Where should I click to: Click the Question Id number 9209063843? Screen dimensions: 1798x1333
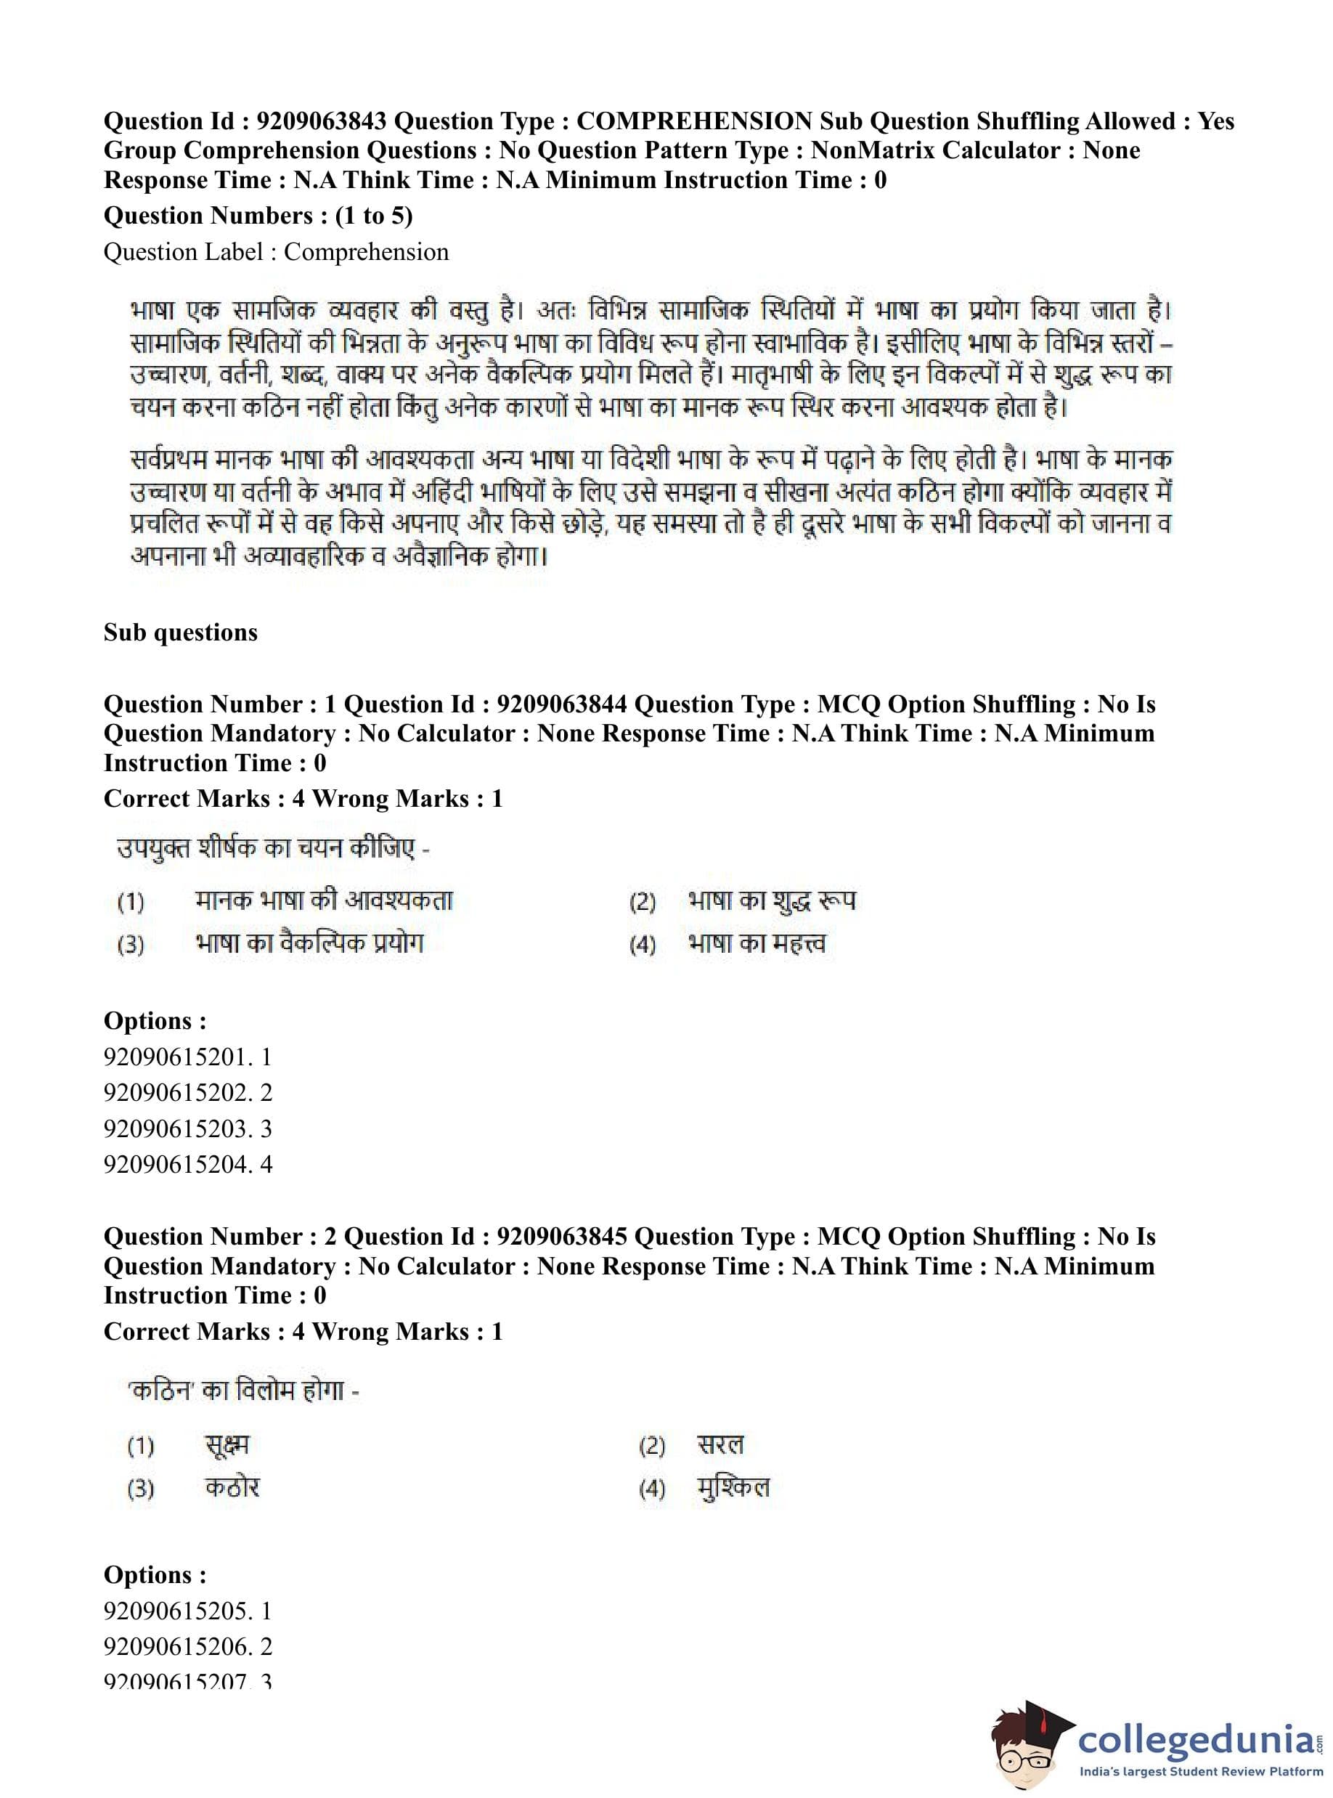click(321, 121)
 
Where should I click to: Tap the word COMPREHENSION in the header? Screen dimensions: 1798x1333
click(694, 121)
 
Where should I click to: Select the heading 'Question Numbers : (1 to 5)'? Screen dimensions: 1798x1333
click(258, 216)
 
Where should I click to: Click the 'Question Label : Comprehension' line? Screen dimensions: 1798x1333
click(276, 252)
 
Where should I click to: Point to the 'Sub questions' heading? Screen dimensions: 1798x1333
click(181, 632)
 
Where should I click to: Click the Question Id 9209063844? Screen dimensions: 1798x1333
click(562, 704)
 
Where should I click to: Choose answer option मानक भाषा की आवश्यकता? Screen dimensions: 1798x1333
click(324, 900)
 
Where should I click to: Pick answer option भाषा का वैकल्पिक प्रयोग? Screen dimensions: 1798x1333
click(309, 943)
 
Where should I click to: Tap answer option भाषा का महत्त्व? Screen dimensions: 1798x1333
click(757, 943)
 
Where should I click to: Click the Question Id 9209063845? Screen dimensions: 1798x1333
click(562, 1237)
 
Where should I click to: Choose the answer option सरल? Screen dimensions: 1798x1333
click(720, 1444)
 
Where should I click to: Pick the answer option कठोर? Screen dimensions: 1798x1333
click(232, 1486)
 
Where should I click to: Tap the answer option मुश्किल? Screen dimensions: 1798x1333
click(733, 1486)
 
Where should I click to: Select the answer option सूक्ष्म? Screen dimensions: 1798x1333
click(227, 1444)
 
